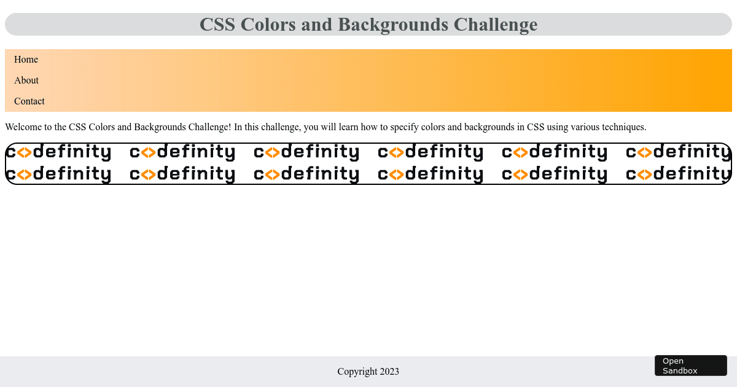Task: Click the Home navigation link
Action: point(26,59)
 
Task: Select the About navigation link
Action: point(26,80)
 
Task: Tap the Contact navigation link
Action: point(29,101)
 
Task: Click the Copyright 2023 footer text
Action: point(368,372)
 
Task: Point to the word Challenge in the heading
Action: point(496,25)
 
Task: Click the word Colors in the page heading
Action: point(268,25)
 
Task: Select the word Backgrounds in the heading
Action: point(393,25)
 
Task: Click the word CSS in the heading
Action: point(217,25)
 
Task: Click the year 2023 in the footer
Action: point(389,372)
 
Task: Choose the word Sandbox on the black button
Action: point(680,370)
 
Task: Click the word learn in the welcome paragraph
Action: point(348,127)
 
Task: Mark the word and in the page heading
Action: point(316,25)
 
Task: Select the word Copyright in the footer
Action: point(357,372)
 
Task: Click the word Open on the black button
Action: point(673,361)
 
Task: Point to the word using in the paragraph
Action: point(558,128)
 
